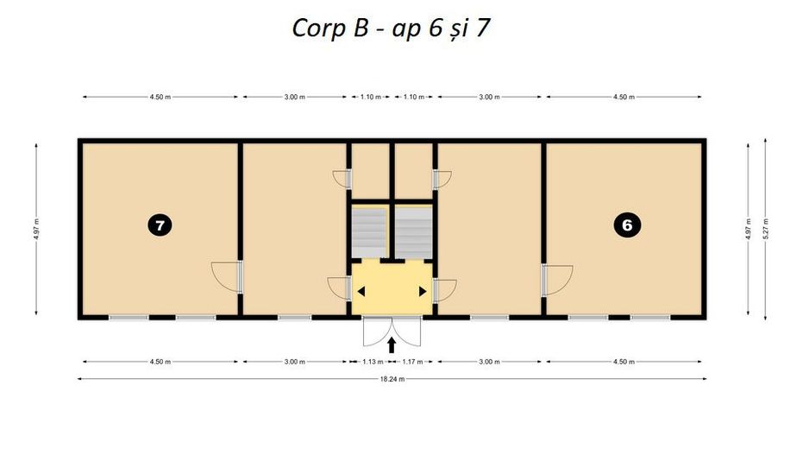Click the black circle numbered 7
[x=160, y=225]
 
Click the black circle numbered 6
[x=627, y=225]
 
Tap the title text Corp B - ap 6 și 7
[x=391, y=28]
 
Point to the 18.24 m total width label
[x=392, y=378]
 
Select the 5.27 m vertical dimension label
[x=766, y=230]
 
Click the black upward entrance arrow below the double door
[x=391, y=344]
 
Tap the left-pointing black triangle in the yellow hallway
[x=361, y=291]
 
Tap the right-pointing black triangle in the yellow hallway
[x=423, y=291]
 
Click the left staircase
[x=369, y=231]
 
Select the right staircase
[x=414, y=231]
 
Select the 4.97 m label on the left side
[x=36, y=230]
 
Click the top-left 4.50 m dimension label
[x=160, y=97]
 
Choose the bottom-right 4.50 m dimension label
[x=624, y=362]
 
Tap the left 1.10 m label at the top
[x=371, y=97]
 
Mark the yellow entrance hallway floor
[x=392, y=288]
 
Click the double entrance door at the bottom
[x=392, y=332]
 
